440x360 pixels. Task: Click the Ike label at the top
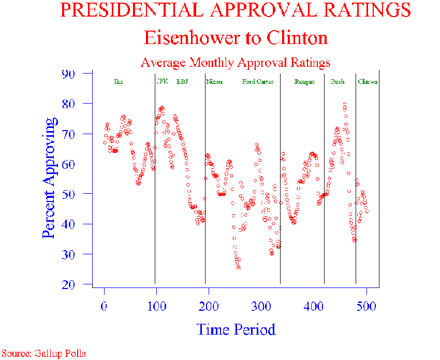(x=118, y=82)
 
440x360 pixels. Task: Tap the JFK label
(x=163, y=81)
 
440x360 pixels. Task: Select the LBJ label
(x=182, y=81)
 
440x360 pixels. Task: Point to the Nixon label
(x=214, y=82)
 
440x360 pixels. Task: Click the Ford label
(x=248, y=82)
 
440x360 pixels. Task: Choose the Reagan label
(x=304, y=82)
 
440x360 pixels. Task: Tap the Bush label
(x=338, y=82)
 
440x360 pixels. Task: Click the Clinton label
(x=368, y=82)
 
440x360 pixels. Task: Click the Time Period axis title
(x=236, y=329)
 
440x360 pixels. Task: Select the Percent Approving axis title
(x=49, y=178)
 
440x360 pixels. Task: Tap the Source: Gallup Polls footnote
(x=43, y=354)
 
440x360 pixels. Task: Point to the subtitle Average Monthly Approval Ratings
(x=236, y=63)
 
